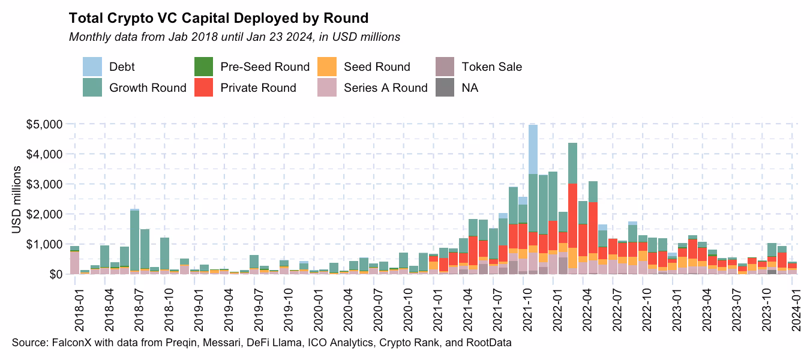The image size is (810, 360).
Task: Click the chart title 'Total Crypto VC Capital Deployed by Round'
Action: (x=219, y=17)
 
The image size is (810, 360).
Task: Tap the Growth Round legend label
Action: (x=148, y=88)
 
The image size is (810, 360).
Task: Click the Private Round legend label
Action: (x=258, y=88)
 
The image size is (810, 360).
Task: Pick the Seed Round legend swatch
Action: (x=328, y=67)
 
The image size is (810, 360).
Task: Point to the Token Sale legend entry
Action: (x=491, y=67)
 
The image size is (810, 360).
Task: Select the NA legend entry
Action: (x=469, y=88)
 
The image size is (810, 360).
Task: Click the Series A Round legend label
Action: (x=385, y=88)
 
